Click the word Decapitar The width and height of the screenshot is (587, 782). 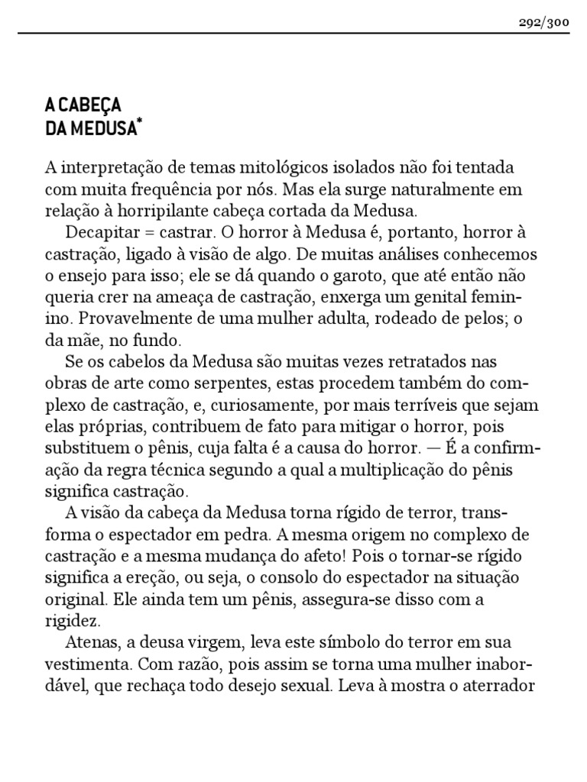point(102,232)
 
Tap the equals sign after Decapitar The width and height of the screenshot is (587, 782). point(148,232)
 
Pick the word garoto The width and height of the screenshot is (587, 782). point(378,275)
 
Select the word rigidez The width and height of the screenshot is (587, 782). point(69,619)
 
